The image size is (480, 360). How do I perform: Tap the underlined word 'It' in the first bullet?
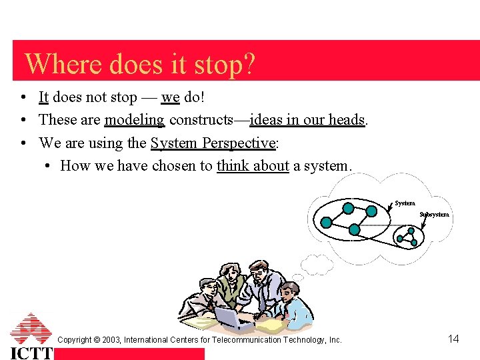coord(43,97)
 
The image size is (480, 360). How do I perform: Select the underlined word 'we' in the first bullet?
coord(170,97)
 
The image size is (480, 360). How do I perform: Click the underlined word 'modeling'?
coord(134,120)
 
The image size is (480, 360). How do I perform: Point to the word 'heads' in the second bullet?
coord(347,120)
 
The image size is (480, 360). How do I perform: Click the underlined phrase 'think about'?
coord(253,165)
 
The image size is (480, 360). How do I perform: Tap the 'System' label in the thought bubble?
coord(405,203)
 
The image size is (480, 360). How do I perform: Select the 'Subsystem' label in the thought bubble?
coord(435,215)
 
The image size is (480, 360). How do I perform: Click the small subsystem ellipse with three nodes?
coord(408,235)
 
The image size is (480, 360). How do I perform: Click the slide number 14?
coord(453,339)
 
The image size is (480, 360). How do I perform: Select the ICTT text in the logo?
coord(31,353)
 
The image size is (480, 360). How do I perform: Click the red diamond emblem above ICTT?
coord(31,328)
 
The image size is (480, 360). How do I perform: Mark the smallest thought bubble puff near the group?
coord(299,277)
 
